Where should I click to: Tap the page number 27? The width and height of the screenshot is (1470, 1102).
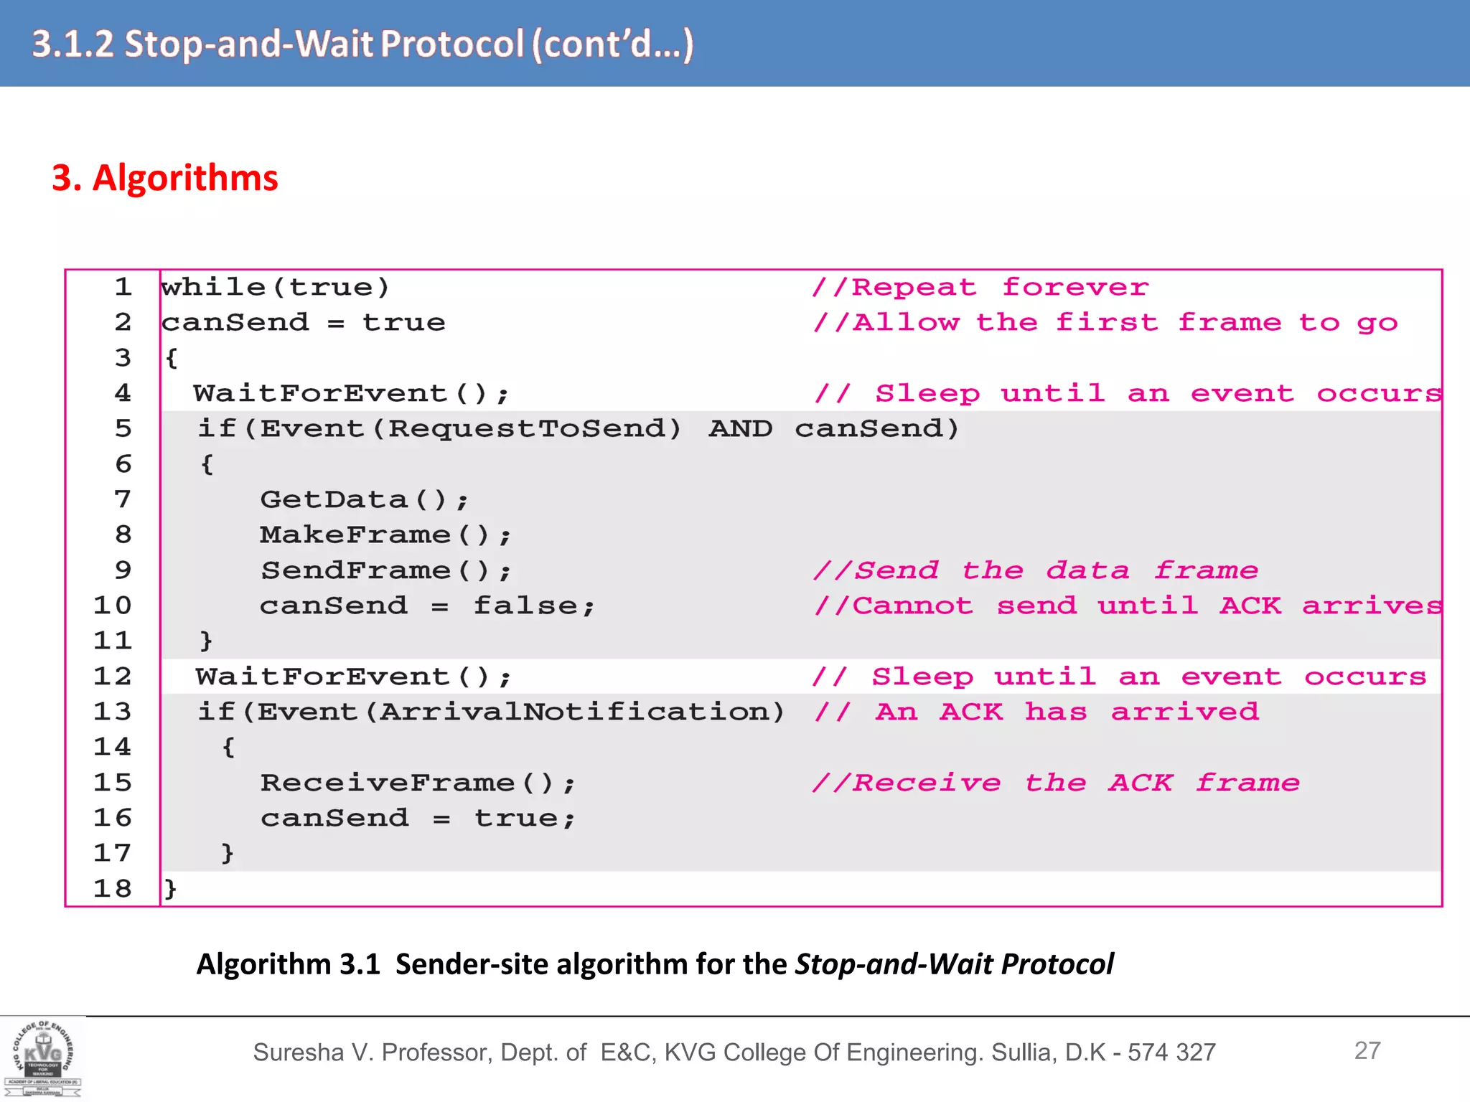click(x=1367, y=1050)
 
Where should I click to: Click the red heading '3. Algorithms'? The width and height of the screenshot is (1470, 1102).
click(x=164, y=177)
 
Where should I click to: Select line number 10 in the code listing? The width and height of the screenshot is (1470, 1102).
click(x=113, y=606)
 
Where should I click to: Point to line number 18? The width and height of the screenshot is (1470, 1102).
click(x=113, y=889)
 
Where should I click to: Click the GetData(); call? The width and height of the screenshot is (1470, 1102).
click(x=364, y=499)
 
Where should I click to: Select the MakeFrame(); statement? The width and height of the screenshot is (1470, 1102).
click(x=385, y=534)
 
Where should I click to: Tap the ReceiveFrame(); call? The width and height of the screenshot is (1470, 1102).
click(x=418, y=783)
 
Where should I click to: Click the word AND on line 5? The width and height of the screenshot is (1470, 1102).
click(x=740, y=429)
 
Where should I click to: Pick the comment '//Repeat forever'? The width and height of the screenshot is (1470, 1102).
click(x=980, y=288)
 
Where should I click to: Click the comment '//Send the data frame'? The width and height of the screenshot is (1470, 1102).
click(x=1035, y=570)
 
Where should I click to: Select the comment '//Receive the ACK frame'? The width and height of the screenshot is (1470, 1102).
click(x=1055, y=783)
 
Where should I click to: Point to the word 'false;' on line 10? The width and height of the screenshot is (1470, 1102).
click(x=534, y=606)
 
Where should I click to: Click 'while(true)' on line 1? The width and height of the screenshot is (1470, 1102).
click(x=276, y=288)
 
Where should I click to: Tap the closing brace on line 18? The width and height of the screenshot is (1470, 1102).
click(x=170, y=889)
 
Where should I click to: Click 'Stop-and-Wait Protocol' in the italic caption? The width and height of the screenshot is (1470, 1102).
click(x=954, y=964)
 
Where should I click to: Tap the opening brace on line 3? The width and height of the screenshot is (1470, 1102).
click(x=171, y=358)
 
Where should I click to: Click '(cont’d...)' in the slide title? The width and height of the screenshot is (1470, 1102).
click(x=612, y=44)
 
